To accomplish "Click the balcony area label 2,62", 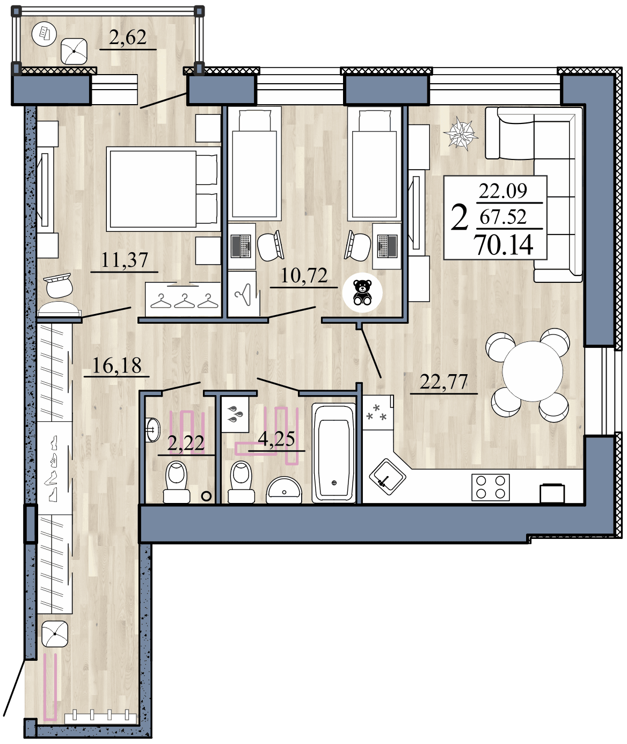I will pyautogui.click(x=128, y=38).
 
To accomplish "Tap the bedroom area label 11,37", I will pyautogui.click(x=125, y=260).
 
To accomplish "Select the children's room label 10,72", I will pyautogui.click(x=304, y=276).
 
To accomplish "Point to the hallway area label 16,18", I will pyautogui.click(x=116, y=366).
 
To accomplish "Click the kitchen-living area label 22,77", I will pyautogui.click(x=443, y=382).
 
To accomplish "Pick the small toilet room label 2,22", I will pyautogui.click(x=186, y=443).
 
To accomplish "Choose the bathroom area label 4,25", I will pyautogui.click(x=276, y=439).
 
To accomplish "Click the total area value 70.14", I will pyautogui.click(x=504, y=245).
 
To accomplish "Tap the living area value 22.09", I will pyautogui.click(x=503, y=191).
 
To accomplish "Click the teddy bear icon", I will pyautogui.click(x=363, y=293).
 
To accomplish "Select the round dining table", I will pyautogui.click(x=532, y=371).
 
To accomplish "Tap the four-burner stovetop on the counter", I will pyautogui.click(x=491, y=487).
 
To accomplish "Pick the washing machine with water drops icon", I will pyautogui.click(x=235, y=414).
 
